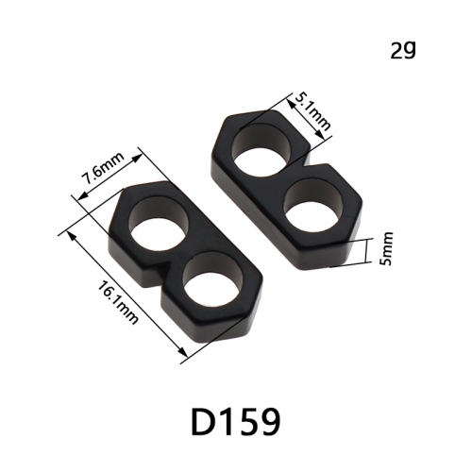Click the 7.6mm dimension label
pos(103,169)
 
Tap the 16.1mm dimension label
pos(118,302)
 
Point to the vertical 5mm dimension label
pos(387,248)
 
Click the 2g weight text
pos(403,50)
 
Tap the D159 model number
pos(235,421)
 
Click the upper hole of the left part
pos(160,225)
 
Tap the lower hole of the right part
pos(313,207)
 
